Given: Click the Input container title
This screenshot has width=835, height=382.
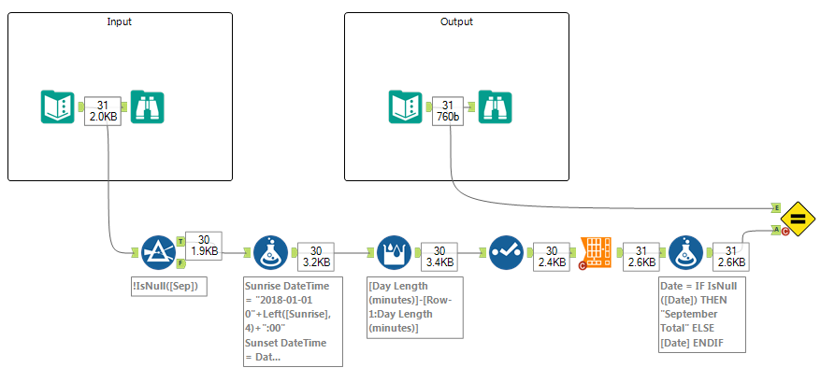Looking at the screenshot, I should pos(120,21).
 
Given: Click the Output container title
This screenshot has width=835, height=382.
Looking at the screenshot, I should pos(456,21).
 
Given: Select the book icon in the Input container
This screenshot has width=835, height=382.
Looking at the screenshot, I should pos(59,107).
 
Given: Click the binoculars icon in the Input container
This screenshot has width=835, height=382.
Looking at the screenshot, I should pos(148,107).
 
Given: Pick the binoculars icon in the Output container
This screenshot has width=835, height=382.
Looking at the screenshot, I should pos(496,107).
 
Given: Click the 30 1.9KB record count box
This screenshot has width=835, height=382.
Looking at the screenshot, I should pos(204,246).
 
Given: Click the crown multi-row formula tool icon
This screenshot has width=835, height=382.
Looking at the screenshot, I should pos(393,252).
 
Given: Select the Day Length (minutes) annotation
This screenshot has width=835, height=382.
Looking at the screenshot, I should pos(412,304).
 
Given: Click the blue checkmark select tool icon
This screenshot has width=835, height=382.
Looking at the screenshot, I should pos(508,252).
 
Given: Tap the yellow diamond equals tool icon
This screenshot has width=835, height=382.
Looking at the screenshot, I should pos(799,219).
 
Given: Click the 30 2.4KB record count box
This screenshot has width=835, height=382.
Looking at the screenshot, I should pos(551,257).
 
